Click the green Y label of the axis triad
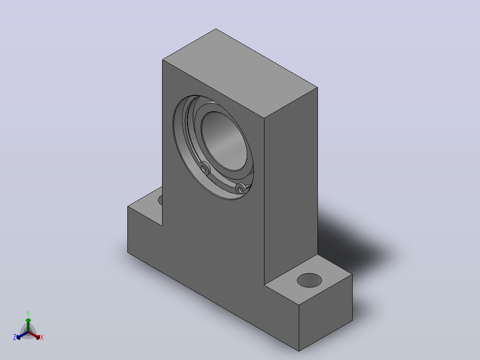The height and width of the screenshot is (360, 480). pyautogui.click(x=28, y=313)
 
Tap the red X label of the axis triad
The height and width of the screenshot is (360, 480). pyautogui.click(x=42, y=337)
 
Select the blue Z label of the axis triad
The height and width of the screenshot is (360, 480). pyautogui.click(x=15, y=337)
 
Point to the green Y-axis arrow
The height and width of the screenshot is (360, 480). pyautogui.click(x=28, y=325)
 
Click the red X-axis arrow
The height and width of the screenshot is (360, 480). pyautogui.click(x=34, y=335)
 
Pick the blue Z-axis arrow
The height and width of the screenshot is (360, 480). pyautogui.click(x=22, y=335)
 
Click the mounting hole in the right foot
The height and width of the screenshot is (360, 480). pyautogui.click(x=309, y=280)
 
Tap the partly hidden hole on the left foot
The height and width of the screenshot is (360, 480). pyautogui.click(x=160, y=200)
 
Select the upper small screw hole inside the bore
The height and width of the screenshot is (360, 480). pyautogui.click(x=204, y=168)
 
